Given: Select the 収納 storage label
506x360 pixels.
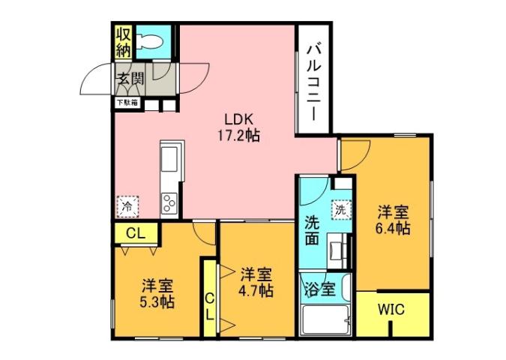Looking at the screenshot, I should pos(124,43).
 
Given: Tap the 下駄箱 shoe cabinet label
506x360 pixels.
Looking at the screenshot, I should pos(126,103).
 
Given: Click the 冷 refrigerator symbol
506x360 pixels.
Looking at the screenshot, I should pos(127,205).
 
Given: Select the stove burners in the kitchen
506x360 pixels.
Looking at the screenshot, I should pos(168,203).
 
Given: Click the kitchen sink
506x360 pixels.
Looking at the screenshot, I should pos(168,160).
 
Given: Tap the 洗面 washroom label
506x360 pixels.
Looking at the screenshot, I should pos(313,230).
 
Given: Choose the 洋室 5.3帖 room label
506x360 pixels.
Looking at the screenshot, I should pos(158,293).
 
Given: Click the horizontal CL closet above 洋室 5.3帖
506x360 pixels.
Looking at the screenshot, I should pos(135,233).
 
